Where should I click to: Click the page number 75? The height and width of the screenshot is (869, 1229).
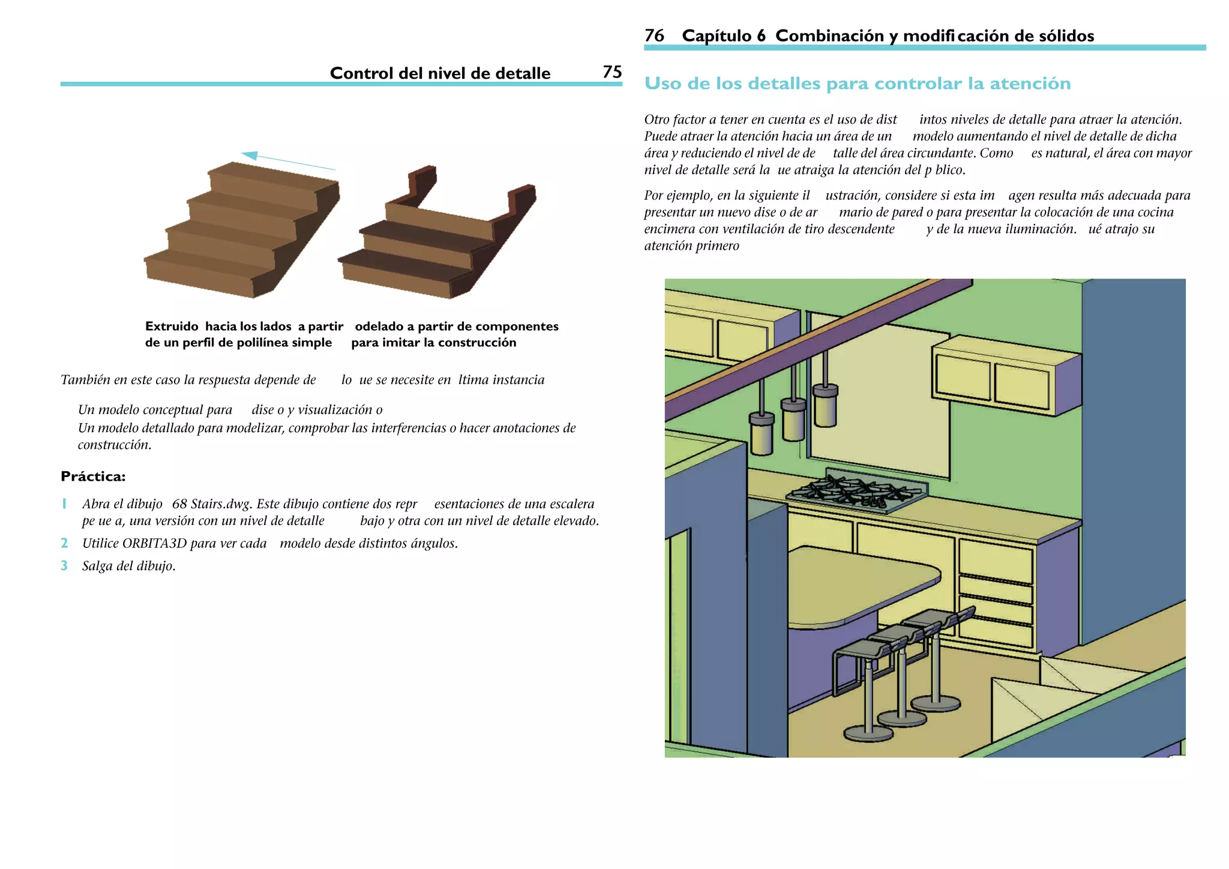click(611, 72)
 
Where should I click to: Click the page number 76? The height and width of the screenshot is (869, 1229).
click(654, 35)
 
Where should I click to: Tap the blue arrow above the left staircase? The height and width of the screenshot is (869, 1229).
click(288, 160)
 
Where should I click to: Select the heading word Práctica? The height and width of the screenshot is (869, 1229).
click(93, 477)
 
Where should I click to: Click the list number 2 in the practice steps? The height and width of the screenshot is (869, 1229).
click(64, 543)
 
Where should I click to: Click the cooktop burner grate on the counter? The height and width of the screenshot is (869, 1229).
click(857, 490)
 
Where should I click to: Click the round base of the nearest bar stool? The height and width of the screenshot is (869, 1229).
click(868, 733)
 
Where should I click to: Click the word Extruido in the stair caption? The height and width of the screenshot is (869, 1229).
click(172, 326)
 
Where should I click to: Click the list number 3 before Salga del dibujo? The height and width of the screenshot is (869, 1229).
click(64, 565)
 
